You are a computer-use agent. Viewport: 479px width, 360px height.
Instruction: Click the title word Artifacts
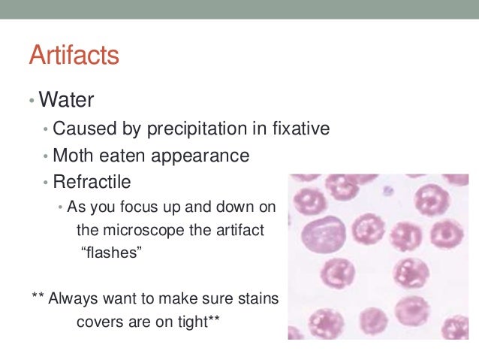coord(74,56)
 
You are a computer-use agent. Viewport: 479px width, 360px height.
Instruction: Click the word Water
coord(68,99)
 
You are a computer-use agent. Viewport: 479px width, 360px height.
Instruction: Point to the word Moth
coord(72,156)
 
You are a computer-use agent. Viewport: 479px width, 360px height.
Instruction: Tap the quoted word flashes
coord(111,253)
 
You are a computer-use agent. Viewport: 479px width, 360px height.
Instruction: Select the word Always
coord(72,298)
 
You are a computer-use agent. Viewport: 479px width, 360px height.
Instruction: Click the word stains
coord(258,298)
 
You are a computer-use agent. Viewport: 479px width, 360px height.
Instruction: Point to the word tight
coord(197,322)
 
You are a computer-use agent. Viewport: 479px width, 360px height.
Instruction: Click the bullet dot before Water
coord(32,100)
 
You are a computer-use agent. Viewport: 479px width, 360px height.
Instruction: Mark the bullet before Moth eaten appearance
coord(45,157)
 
